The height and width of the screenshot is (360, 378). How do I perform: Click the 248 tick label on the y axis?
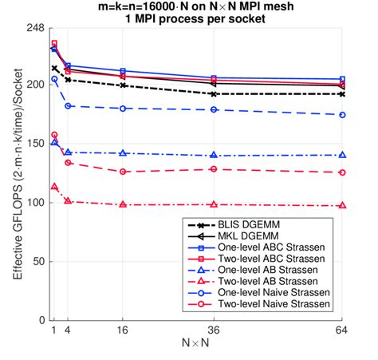[x=34, y=27]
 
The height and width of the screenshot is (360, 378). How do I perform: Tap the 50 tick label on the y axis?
[x=37, y=261]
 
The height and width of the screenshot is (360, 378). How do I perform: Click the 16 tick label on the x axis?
[x=123, y=330]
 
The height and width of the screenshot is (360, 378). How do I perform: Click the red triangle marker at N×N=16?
[x=123, y=204]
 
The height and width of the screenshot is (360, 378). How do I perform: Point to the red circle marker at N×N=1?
[x=54, y=135]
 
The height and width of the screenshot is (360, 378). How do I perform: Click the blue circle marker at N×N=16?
[x=123, y=109]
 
